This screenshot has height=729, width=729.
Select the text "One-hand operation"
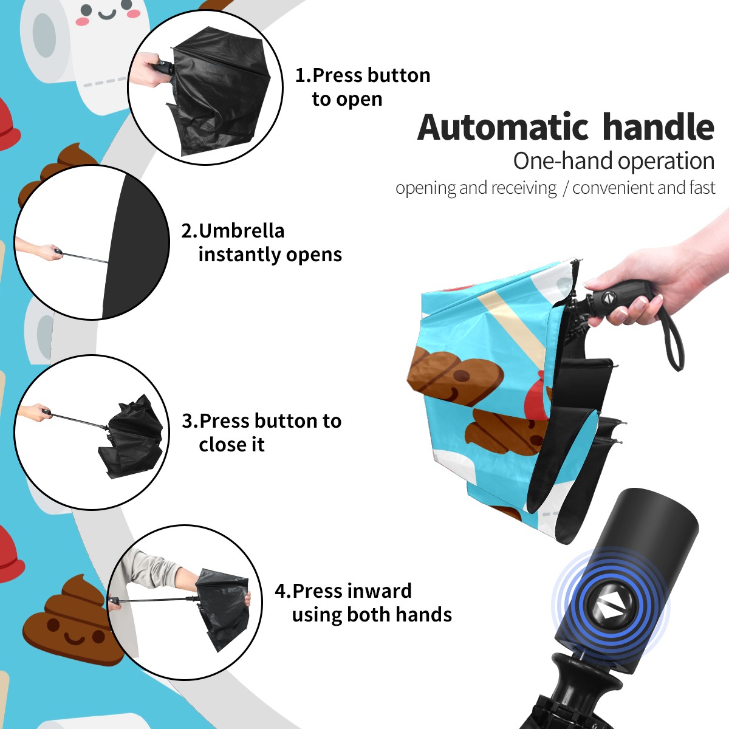click(614, 161)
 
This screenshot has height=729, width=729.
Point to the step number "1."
click(303, 75)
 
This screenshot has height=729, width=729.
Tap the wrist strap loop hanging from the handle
click(676, 340)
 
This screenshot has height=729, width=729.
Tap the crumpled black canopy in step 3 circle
click(132, 436)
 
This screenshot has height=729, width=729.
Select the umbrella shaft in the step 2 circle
click(84, 257)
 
